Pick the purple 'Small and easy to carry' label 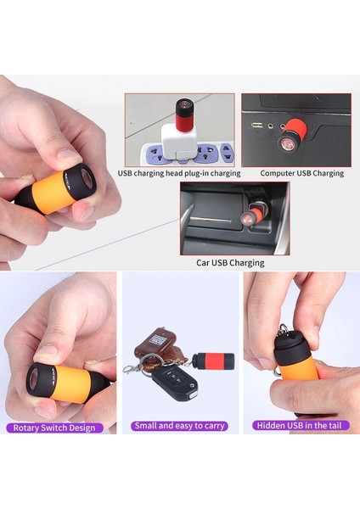tap(179, 426)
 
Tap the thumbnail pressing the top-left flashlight tap(65, 157)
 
